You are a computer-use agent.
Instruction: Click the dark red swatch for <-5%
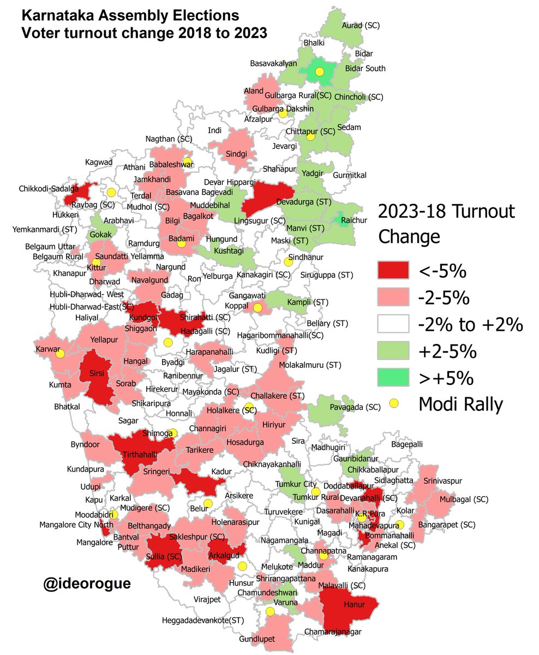[392, 270]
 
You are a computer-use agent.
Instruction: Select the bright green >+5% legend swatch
[392, 376]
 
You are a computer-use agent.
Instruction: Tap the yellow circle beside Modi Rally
[394, 403]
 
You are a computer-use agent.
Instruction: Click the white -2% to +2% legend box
[392, 324]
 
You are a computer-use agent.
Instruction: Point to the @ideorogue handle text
[87, 583]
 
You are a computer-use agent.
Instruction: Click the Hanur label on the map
[354, 604]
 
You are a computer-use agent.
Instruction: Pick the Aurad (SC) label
[360, 25]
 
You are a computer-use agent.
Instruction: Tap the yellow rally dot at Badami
[182, 244]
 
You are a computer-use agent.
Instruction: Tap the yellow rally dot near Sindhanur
[289, 262]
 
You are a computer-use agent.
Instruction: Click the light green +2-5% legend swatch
[392, 350]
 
